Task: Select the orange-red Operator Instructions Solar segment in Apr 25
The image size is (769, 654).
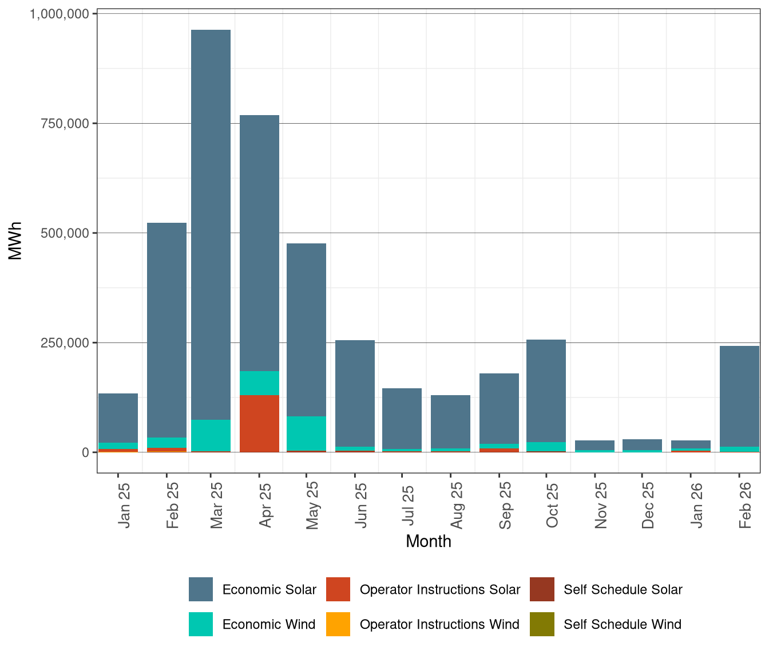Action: tap(259, 423)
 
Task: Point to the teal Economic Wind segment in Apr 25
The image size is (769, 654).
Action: tap(259, 383)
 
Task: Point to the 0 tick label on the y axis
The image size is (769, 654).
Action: tap(85, 452)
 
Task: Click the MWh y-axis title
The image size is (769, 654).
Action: tap(15, 241)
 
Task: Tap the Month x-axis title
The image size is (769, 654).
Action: tap(428, 541)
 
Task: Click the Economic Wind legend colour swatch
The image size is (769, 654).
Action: tap(201, 624)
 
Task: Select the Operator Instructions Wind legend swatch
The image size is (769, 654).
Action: tap(338, 624)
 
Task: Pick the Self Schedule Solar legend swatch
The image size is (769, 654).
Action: tap(542, 589)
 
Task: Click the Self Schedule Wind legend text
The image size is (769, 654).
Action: tap(623, 624)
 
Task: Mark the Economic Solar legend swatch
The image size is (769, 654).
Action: tap(201, 589)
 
